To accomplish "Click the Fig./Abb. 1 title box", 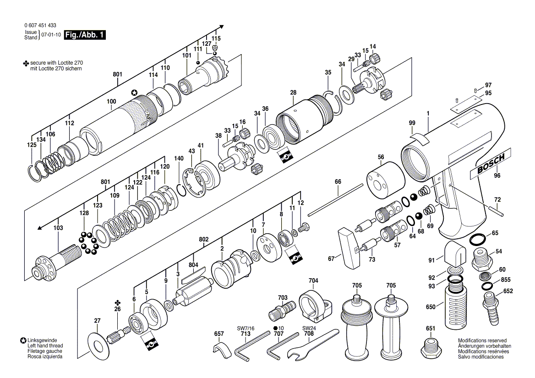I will point(85,35).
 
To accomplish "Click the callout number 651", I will point(430,328).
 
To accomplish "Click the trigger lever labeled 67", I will point(349,248).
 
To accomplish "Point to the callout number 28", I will point(293,93).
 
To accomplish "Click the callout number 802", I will point(204,240).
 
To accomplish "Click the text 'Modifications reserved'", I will point(482,340).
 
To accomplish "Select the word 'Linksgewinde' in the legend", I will point(41,340).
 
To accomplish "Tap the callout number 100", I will point(111,101).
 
